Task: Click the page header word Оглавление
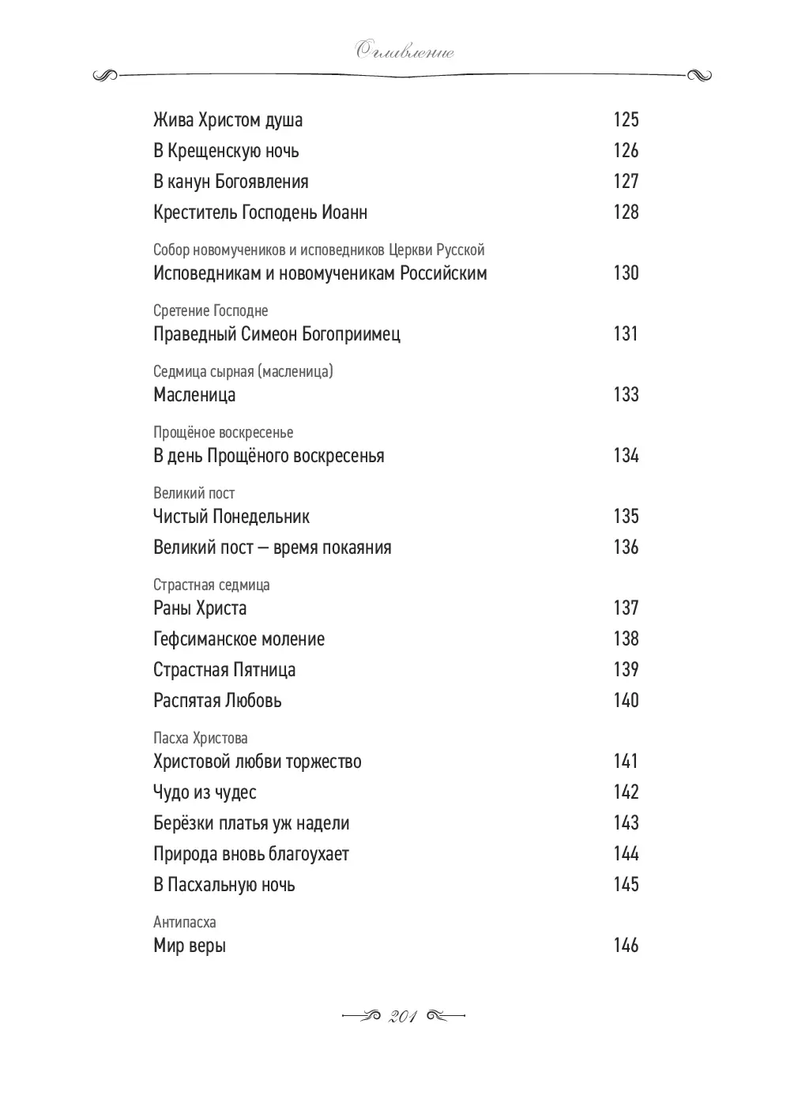click(404, 53)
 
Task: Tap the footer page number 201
click(403, 1017)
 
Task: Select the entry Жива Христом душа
click(228, 120)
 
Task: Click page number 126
click(626, 151)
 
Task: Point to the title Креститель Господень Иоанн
click(260, 213)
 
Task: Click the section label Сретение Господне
click(210, 310)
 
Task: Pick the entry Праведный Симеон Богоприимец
click(277, 334)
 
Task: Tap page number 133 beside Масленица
click(626, 394)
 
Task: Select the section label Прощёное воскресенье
click(223, 432)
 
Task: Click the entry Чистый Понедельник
click(231, 517)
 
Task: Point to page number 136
click(626, 547)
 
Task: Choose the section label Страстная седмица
click(211, 585)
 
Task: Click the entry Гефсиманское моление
click(239, 639)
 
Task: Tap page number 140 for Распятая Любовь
click(626, 701)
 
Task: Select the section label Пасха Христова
click(200, 738)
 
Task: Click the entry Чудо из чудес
click(205, 792)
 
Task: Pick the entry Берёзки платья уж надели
click(251, 823)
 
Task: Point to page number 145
click(626, 885)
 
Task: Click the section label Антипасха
click(184, 922)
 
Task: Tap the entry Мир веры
click(190, 946)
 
